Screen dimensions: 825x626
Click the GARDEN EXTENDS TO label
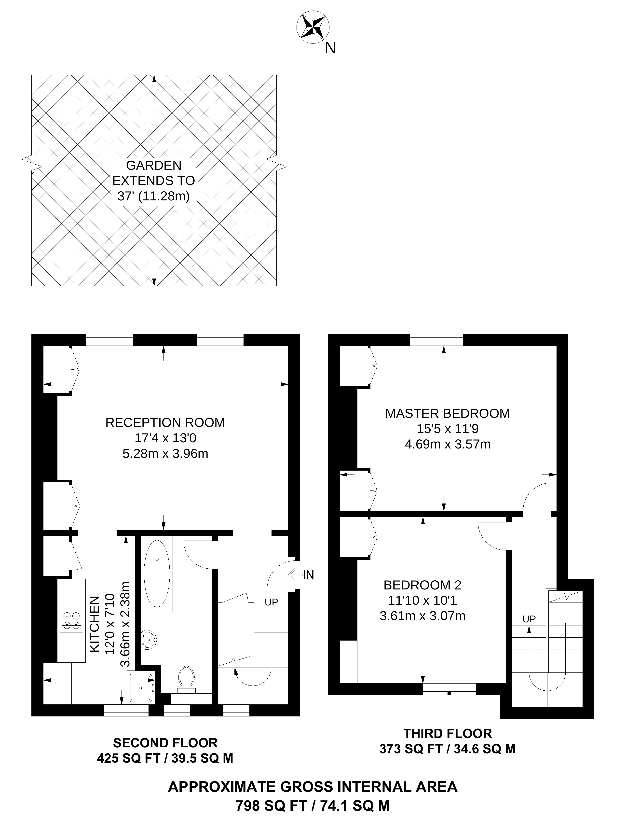154,181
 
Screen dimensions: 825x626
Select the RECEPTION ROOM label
165,423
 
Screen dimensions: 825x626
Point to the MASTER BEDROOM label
448,413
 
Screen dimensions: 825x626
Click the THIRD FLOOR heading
448,734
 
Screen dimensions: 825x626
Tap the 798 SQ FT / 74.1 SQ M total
313,806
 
